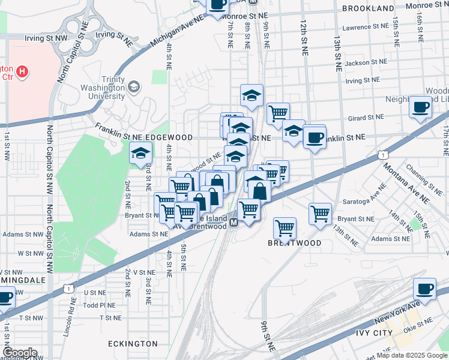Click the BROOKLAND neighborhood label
pyautogui.click(x=368, y=8)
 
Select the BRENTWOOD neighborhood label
pyautogui.click(x=295, y=243)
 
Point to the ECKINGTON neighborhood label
pyautogui.click(x=133, y=344)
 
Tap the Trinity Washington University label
pyautogui.click(x=102, y=88)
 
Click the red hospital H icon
pyautogui.click(x=22, y=72)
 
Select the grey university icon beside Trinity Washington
pyautogui.click(x=133, y=88)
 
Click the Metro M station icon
pyautogui.click(x=235, y=222)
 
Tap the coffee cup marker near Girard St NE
pyautogui.click(x=421, y=106)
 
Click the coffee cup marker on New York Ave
pyautogui.click(x=425, y=289)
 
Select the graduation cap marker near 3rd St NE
pyautogui.click(x=140, y=154)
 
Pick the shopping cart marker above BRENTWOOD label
pyautogui.click(x=285, y=228)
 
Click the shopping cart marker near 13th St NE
pyautogui.click(x=321, y=213)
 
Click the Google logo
pyautogui.click(x=19, y=353)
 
